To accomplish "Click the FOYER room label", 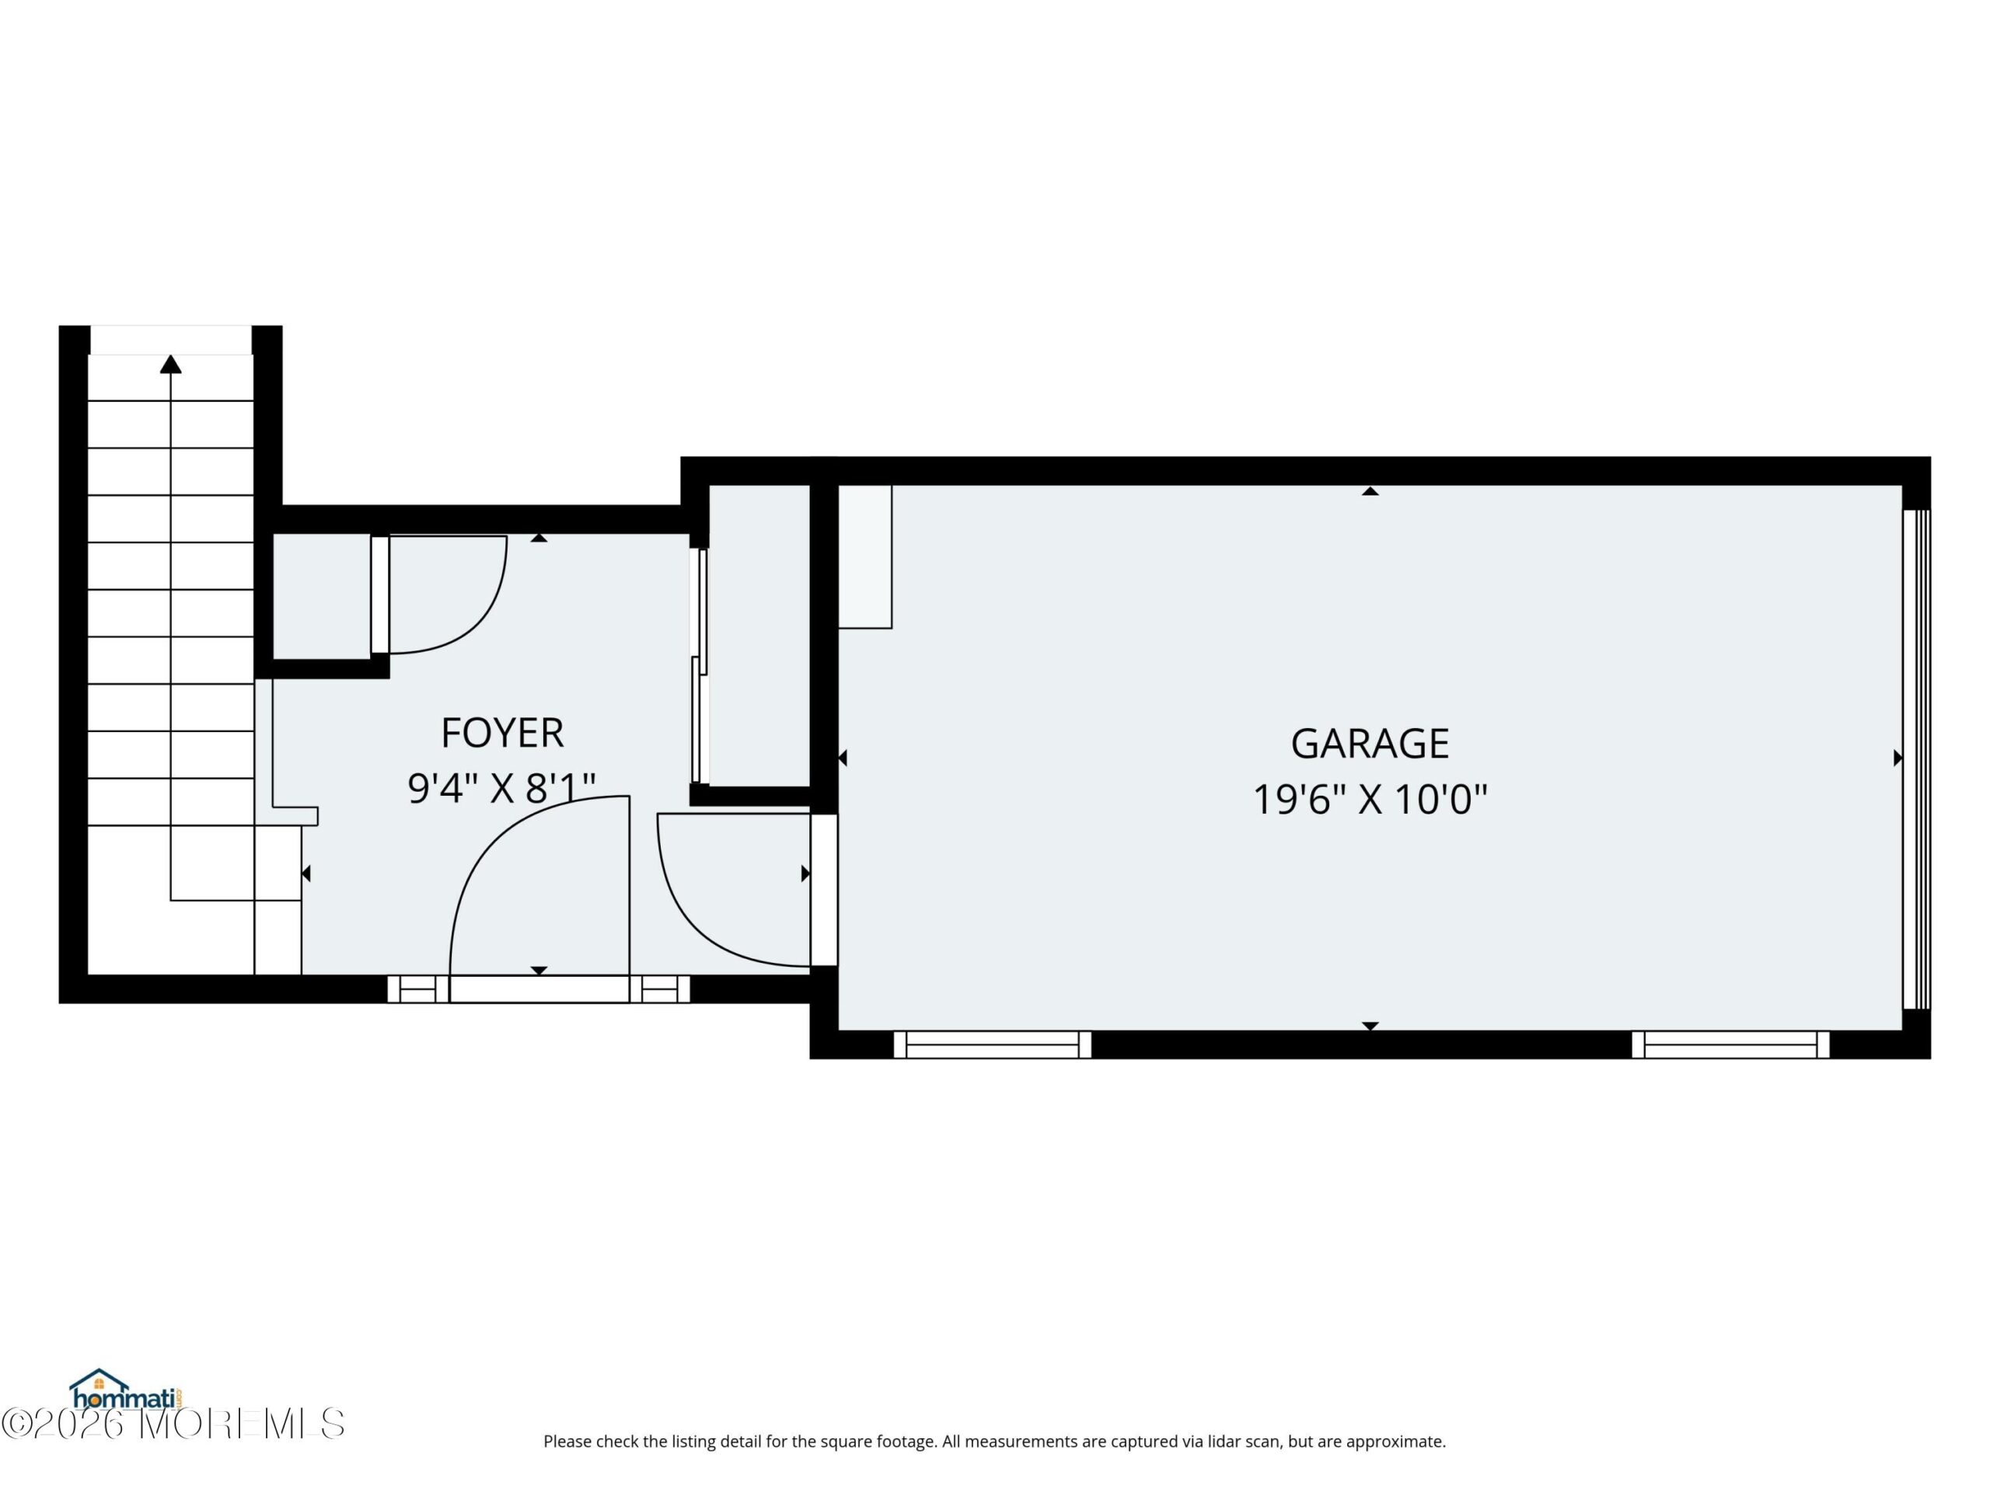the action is pyautogui.click(x=502, y=733).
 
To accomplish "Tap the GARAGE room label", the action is pyautogui.click(x=1369, y=744).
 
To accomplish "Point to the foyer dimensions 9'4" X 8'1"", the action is pyautogui.click(x=502, y=788).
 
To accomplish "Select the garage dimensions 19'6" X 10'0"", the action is pyautogui.click(x=1369, y=799).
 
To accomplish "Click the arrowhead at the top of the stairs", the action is pyautogui.click(x=171, y=364).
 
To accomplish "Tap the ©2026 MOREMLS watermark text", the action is pyautogui.click(x=173, y=1424).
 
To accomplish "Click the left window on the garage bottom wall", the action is pyautogui.click(x=993, y=1044).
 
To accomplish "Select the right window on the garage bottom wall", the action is pyautogui.click(x=1731, y=1044).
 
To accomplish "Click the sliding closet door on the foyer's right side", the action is pyautogui.click(x=699, y=665).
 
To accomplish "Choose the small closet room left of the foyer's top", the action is pyautogui.click(x=321, y=596).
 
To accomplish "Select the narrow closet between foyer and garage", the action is pyautogui.click(x=759, y=635).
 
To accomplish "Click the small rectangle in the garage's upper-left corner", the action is pyautogui.click(x=865, y=556).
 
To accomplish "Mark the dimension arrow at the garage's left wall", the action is pyautogui.click(x=842, y=758).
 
